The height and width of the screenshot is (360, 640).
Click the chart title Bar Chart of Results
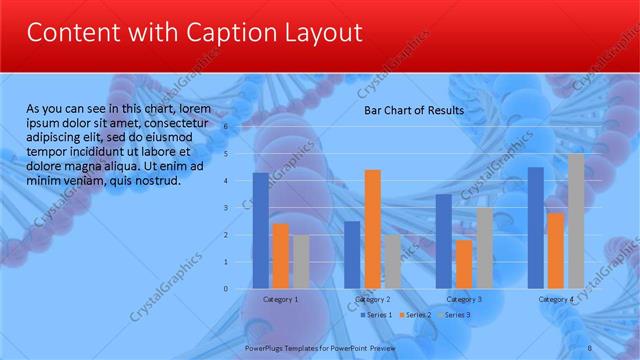pos(413,110)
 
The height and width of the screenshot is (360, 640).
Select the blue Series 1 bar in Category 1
pos(260,230)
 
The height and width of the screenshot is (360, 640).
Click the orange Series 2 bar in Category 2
pos(372,229)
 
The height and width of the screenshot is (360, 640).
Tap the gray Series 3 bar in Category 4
pos(575,221)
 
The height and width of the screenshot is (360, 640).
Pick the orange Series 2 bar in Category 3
pos(463,264)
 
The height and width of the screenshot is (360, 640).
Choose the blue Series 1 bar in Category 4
pos(535,227)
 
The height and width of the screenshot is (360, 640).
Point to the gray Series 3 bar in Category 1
pos(300,261)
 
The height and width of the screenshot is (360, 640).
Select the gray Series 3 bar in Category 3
pos(483,247)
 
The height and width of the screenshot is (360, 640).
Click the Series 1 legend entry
pos(376,315)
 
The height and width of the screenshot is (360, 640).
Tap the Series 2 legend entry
pos(415,315)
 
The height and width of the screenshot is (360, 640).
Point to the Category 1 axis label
pos(280,299)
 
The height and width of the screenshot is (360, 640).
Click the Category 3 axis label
pos(463,299)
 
